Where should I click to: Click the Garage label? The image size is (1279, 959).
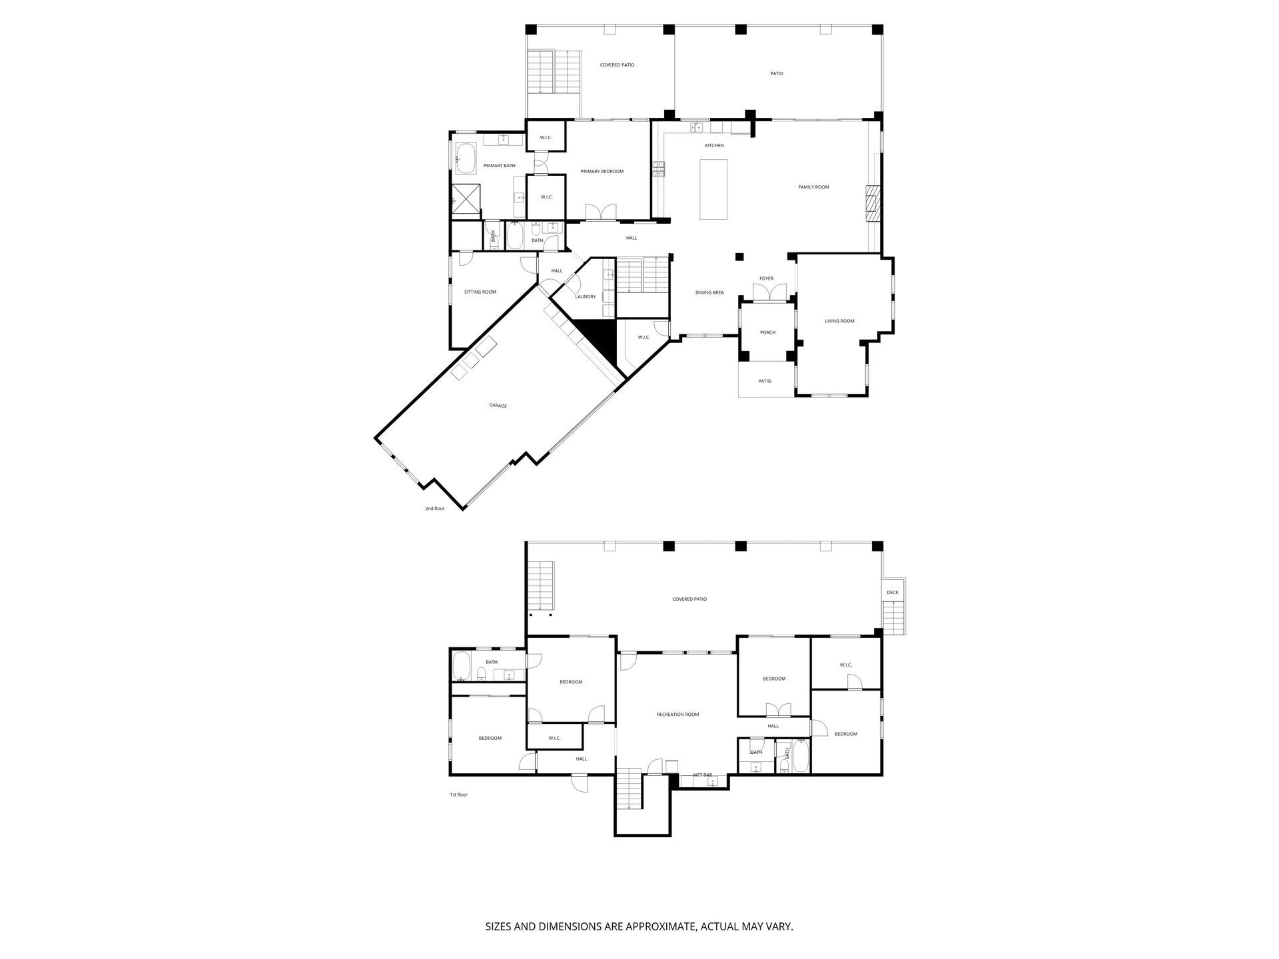pos(498,406)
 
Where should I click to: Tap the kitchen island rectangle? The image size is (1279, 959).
pos(713,189)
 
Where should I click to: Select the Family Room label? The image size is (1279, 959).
pos(813,187)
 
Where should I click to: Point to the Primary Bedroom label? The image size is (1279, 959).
pos(602,171)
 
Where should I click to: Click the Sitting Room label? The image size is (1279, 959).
pos(480,292)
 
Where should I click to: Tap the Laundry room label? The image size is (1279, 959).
pos(586,296)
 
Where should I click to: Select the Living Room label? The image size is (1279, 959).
pos(839,321)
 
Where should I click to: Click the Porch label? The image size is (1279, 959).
pos(767,332)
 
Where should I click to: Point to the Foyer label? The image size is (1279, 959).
pos(766,278)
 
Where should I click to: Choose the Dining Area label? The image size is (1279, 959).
pos(709,292)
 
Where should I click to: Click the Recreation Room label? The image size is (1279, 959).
pos(677,715)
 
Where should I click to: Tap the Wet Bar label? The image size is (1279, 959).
pos(703,775)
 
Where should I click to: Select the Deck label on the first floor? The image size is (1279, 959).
pos(892,592)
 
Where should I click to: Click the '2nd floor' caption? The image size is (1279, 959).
pos(435,509)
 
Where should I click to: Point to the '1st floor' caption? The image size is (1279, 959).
pos(458,795)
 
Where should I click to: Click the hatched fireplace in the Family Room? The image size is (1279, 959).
pos(873,202)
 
